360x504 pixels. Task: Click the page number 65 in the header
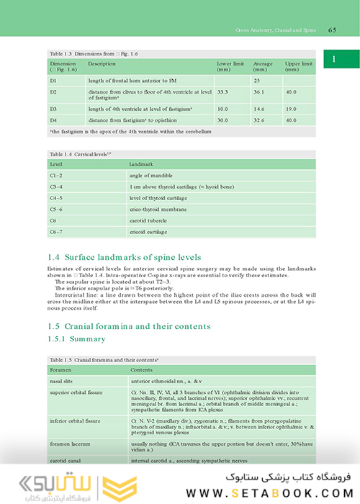[333, 30]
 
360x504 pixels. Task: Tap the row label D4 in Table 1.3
[53, 120]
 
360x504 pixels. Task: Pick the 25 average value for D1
[256, 81]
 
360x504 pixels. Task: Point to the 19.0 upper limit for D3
[290, 109]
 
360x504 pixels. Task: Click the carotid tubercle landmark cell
[148, 221]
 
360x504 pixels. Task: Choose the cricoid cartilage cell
[149, 233]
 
